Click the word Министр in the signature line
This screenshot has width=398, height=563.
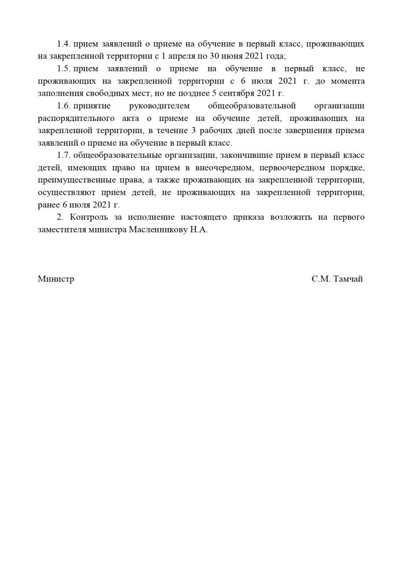pos(56,279)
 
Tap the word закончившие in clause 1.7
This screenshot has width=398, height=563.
pos(234,156)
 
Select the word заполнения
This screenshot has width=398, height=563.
pos(62,93)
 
